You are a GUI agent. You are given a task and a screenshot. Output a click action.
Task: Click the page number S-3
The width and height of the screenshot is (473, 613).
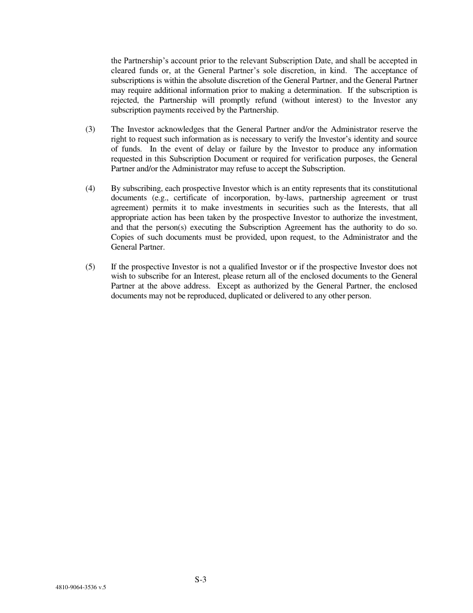tap(201, 579)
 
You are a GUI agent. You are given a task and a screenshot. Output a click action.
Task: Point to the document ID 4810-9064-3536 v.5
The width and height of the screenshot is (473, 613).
tap(81, 587)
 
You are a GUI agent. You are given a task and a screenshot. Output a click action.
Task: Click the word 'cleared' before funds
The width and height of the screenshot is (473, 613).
tap(123, 70)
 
